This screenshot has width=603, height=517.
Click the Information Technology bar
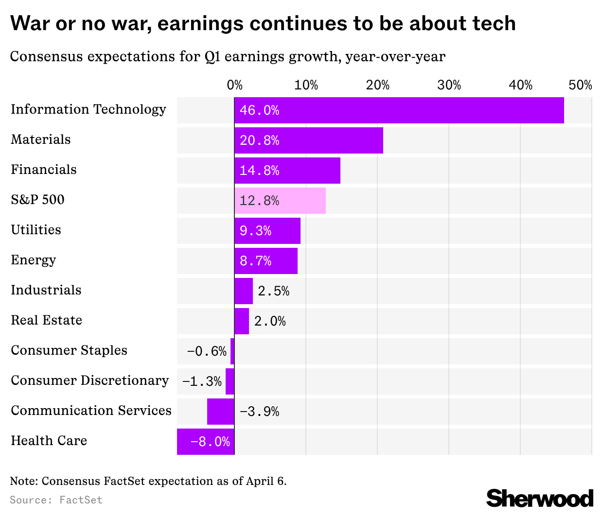tap(399, 110)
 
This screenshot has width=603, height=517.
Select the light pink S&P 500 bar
tap(280, 201)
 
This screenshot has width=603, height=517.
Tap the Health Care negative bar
tap(206, 442)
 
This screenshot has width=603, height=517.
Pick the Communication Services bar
tap(221, 412)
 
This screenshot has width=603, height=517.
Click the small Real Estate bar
tap(242, 321)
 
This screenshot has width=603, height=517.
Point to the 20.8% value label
tap(259, 140)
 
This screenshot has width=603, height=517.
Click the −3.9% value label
tap(259, 412)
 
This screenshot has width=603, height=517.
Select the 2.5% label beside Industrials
tap(273, 291)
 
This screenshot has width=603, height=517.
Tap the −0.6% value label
tap(207, 351)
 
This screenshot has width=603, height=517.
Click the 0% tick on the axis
tap(234, 86)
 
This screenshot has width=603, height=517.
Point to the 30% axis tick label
tap(449, 86)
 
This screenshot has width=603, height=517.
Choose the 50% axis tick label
tap(580, 86)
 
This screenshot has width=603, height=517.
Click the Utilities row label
tap(36, 230)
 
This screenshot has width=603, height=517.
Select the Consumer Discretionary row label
tap(90, 380)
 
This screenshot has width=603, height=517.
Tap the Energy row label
tap(34, 260)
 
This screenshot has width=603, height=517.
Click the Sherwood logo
tap(540, 499)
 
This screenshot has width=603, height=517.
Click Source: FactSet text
tap(56, 500)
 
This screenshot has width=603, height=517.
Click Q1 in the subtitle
tap(212, 57)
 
